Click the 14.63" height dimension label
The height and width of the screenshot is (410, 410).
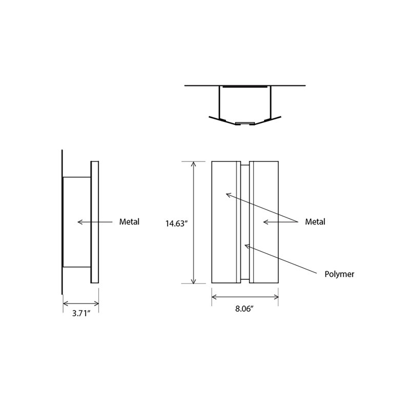(176, 224)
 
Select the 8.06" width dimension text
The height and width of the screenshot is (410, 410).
(245, 309)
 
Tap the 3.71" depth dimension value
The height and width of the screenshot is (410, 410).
(81, 313)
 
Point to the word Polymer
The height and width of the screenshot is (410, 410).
(339, 274)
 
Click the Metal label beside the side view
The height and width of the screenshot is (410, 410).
(129, 222)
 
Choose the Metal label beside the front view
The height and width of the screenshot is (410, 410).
(315, 222)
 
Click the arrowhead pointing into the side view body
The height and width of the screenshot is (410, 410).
(80, 222)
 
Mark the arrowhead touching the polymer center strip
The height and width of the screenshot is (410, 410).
(247, 246)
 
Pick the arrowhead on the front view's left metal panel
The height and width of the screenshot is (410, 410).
(229, 195)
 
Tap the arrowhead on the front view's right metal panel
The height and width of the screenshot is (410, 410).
(265, 222)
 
